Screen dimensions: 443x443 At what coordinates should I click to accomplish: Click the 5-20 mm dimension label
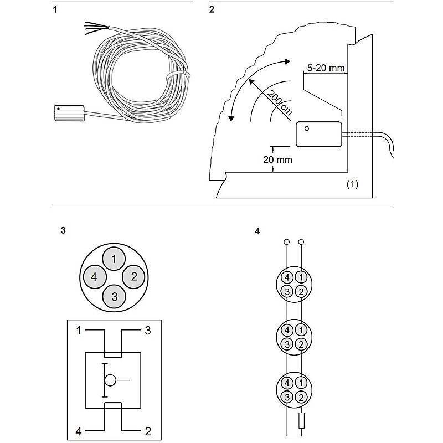click(327, 68)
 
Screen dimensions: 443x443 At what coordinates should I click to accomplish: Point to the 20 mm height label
click(277, 159)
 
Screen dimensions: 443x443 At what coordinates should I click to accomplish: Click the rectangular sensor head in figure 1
click(68, 114)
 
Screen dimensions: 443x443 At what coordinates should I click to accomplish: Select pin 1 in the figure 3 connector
click(114, 258)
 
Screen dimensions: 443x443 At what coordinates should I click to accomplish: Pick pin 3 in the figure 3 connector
click(114, 296)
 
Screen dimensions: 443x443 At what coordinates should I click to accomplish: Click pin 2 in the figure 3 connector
click(133, 277)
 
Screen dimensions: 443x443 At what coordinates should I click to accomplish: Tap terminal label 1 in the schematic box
click(79, 331)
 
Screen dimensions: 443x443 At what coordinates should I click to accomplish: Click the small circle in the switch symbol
click(110, 380)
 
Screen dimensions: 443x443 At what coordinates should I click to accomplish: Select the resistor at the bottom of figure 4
click(301, 420)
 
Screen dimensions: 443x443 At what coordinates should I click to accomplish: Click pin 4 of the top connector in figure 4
click(287, 277)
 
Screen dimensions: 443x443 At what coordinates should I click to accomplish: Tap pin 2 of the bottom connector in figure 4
click(300, 397)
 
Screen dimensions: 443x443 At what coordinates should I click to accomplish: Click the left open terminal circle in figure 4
click(286, 242)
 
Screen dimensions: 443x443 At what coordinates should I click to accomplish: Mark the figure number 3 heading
click(63, 230)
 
